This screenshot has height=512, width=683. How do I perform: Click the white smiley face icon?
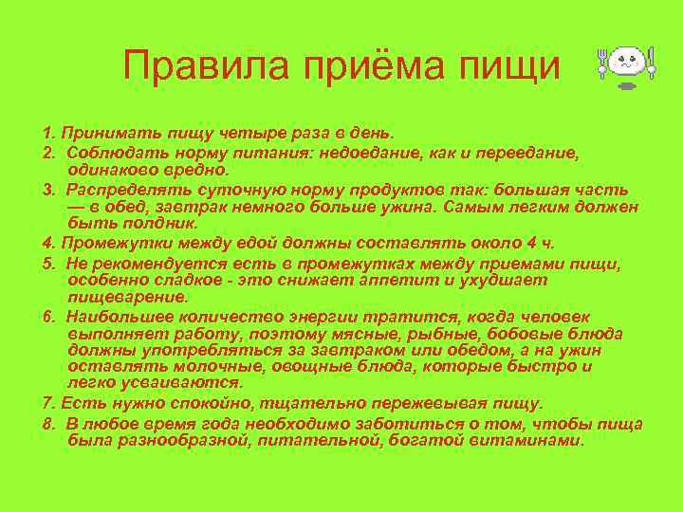(x=627, y=64)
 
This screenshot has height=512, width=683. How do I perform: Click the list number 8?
(x=47, y=422)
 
